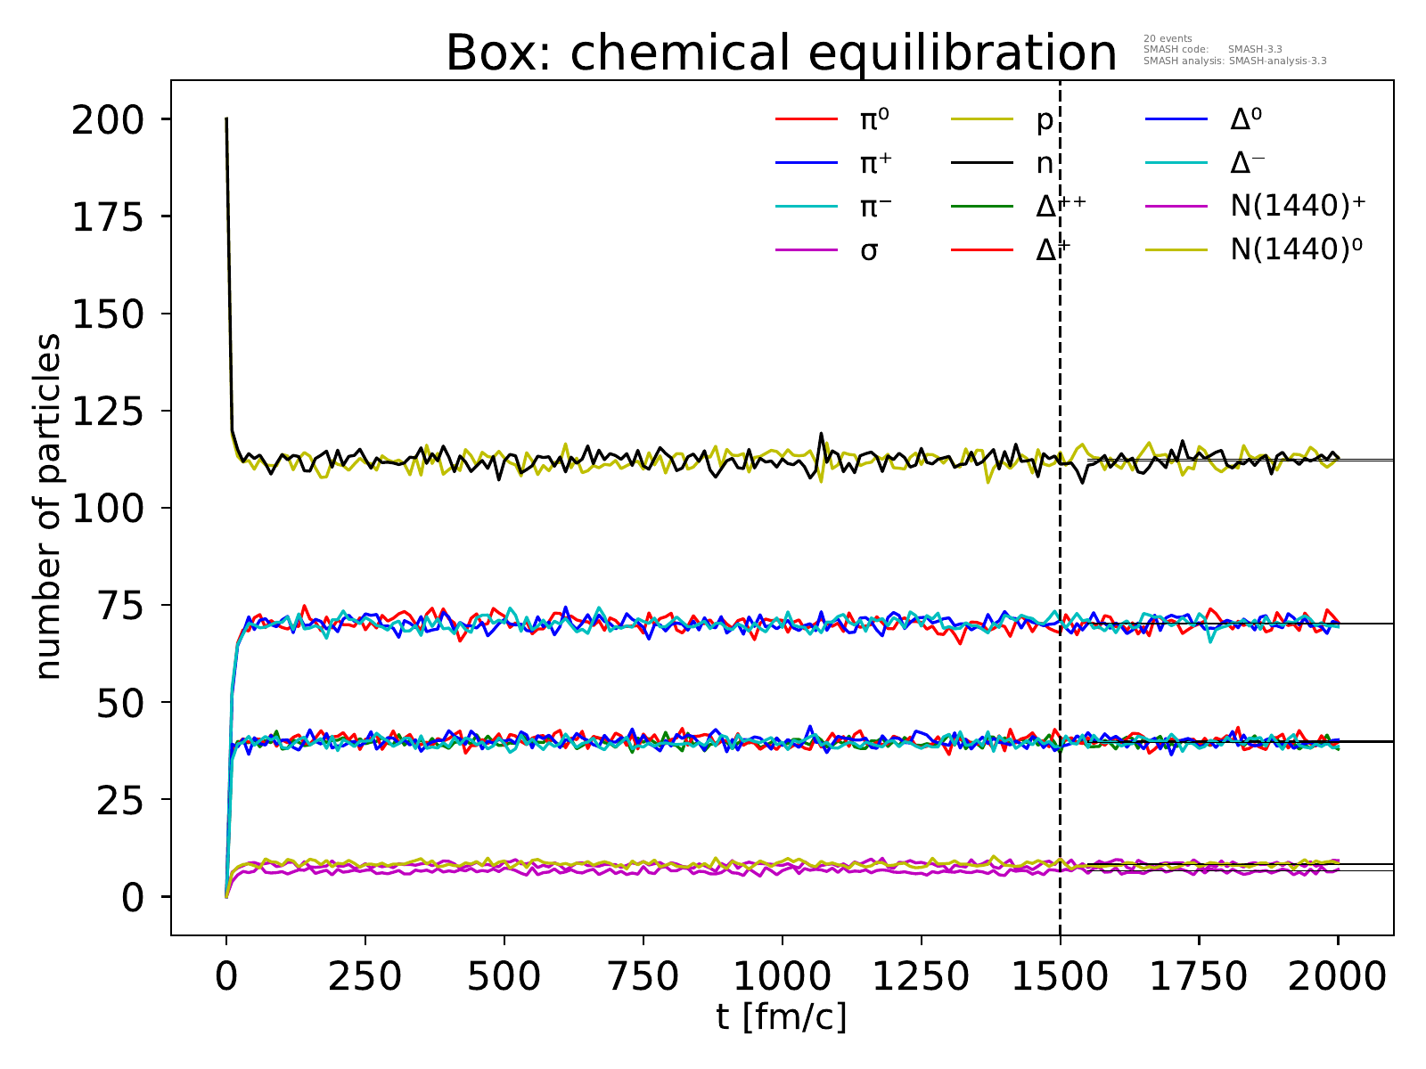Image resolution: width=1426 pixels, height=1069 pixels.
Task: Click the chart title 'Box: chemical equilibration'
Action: [x=781, y=53]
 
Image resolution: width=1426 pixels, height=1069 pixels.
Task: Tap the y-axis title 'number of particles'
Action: [x=49, y=507]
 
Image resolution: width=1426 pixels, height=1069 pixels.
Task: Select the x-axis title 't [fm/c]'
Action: [x=782, y=1016]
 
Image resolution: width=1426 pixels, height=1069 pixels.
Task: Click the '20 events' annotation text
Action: [x=1168, y=38]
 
